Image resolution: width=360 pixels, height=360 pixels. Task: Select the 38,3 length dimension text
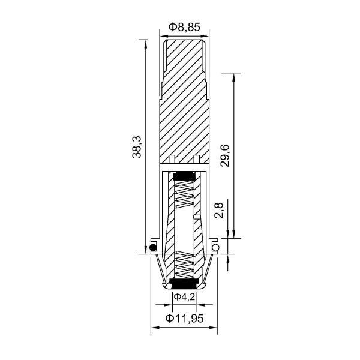click(137, 146)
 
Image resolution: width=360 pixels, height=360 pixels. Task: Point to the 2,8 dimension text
click(219, 211)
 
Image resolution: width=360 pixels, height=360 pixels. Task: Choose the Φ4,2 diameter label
click(184, 297)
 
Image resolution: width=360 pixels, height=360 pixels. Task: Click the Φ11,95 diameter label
click(184, 318)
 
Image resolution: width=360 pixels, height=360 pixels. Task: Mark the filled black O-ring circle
click(154, 248)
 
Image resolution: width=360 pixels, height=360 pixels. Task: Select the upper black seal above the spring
click(183, 176)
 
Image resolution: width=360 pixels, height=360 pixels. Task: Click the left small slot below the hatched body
click(172, 158)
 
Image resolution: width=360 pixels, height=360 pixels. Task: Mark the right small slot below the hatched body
click(196, 158)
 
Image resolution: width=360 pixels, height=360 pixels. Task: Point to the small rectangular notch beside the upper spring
click(197, 214)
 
